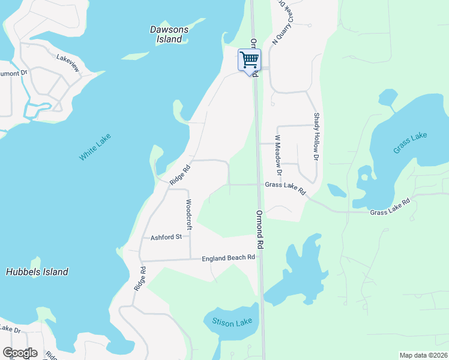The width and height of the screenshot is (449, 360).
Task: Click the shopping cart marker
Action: (249, 60)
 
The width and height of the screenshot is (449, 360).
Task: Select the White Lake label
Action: (94, 148)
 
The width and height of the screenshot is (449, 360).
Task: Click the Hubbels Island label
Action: (37, 272)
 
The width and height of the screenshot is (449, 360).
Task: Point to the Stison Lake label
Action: (232, 322)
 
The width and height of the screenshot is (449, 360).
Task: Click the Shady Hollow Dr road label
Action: (316, 136)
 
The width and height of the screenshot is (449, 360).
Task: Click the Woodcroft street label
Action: (188, 214)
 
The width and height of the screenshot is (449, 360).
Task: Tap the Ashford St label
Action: (166, 237)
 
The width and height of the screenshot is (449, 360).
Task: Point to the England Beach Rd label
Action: (228, 258)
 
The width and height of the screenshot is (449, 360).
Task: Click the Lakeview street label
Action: (68, 62)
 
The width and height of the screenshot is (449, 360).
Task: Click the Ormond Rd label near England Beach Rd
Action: (260, 229)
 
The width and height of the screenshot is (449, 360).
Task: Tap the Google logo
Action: (20, 353)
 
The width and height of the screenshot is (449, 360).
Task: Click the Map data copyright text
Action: (424, 355)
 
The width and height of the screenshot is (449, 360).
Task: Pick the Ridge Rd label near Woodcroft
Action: (179, 175)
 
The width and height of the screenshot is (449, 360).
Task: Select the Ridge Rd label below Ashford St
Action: (139, 280)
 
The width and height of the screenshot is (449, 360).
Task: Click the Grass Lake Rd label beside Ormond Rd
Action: (285, 188)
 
